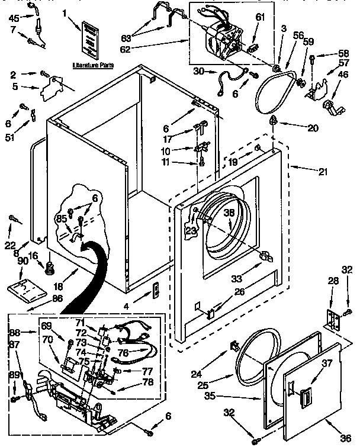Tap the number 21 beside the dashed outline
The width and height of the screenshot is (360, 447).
pos(322,172)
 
